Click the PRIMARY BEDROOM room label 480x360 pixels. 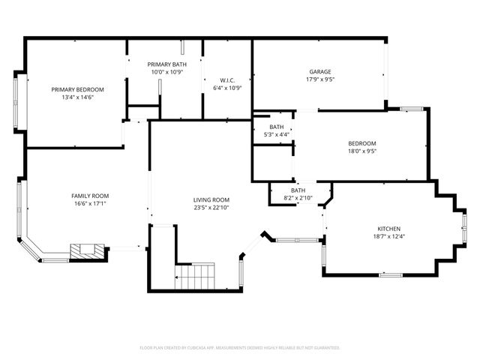tap(77, 89)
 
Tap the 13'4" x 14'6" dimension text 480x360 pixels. tap(77, 97)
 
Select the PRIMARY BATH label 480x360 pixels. tap(166, 64)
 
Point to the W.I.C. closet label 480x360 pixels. tap(227, 80)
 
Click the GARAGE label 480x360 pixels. tap(320, 72)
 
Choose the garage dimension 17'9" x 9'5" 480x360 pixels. tap(320, 79)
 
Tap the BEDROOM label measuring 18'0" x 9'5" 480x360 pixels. tap(361, 143)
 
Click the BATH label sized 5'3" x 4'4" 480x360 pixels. tap(276, 127)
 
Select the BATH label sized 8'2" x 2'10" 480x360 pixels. tap(298, 190)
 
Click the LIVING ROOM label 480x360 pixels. tap(211, 199)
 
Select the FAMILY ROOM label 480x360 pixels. tap(85, 196)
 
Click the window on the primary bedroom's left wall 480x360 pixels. tap(15, 101)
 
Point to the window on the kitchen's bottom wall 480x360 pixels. tap(389, 275)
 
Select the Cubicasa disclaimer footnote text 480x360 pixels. tap(240, 348)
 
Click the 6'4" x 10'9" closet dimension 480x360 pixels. tap(227, 88)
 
